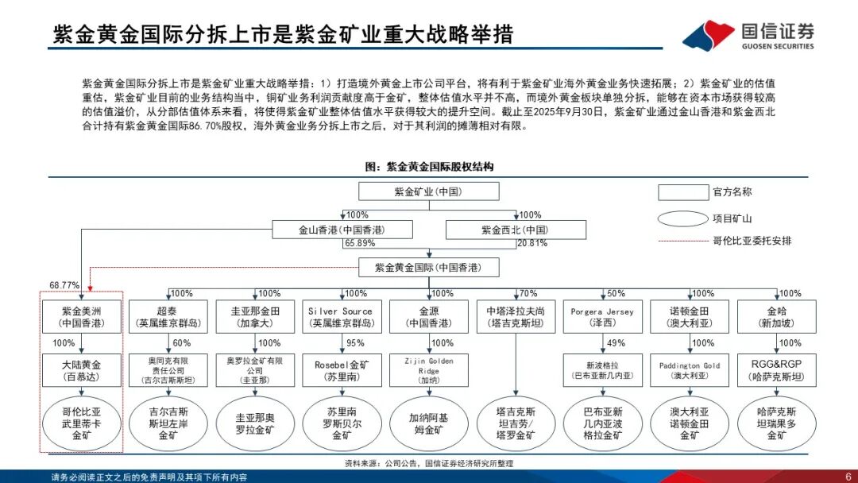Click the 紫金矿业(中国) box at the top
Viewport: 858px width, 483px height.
(x=428, y=191)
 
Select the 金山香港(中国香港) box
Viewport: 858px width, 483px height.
(x=342, y=230)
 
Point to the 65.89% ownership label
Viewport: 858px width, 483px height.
(x=360, y=243)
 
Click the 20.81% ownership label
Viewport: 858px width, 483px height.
(x=532, y=243)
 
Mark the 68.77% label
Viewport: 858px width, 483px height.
(x=65, y=284)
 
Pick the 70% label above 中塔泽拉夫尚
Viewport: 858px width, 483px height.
(x=528, y=294)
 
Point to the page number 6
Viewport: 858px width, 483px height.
(x=848, y=476)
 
